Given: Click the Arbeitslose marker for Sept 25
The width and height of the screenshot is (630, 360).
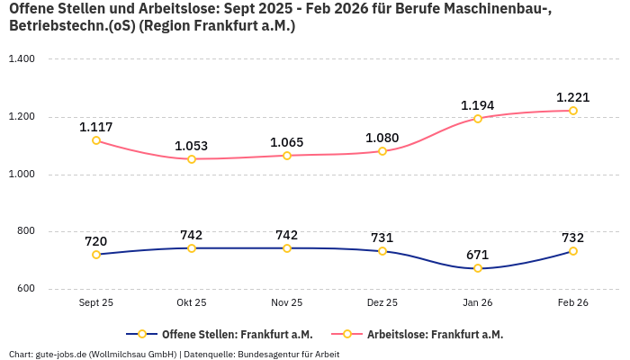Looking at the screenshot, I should coord(96,140).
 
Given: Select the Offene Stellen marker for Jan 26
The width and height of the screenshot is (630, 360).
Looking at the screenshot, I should coord(478,268).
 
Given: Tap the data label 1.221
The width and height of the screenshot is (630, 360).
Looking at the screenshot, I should coord(572,97).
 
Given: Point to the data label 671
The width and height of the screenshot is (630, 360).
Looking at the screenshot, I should coord(478,255).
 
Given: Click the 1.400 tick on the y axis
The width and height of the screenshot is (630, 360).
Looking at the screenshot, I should coord(21,59).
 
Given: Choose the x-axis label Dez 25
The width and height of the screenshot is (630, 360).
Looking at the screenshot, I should coord(382,303).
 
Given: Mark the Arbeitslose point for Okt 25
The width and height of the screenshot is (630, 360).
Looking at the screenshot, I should coord(192,159).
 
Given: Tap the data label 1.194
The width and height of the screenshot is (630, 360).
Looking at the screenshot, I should coord(478,105).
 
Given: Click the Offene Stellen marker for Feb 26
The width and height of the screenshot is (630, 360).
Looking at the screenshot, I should coord(573,251).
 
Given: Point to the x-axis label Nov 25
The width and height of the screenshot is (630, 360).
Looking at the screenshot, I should coord(287,303).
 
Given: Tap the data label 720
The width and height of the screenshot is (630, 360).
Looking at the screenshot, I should coord(96,241).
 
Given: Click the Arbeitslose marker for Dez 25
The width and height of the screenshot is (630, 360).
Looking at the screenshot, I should coord(382,151).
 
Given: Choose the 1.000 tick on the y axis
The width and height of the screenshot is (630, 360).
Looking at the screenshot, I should coord(21,175).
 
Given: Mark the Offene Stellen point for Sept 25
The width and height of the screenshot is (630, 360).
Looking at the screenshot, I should coord(96,255).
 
